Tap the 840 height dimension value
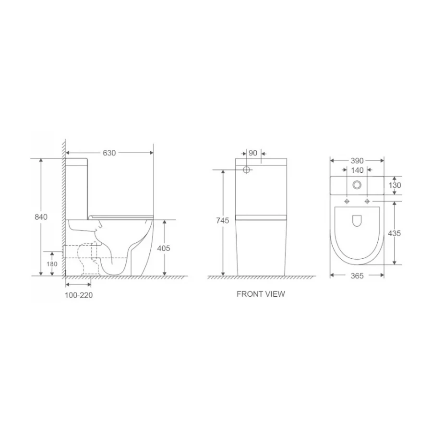click(41, 217)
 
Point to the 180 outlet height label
click(52, 264)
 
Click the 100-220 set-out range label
click(78, 296)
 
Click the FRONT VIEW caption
click(260, 294)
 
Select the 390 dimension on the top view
click(357, 160)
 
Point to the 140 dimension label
click(357, 170)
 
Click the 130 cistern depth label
click(395, 185)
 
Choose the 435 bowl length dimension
click(395, 233)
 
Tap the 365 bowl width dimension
click(357, 276)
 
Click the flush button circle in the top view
click(357, 184)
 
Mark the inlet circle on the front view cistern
click(247, 170)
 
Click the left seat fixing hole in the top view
click(346, 201)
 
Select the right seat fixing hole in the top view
click(368, 201)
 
